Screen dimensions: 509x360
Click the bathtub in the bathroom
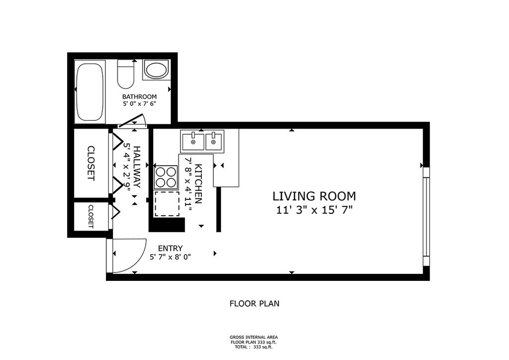click(90, 92)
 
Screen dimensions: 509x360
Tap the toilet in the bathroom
click(126, 74)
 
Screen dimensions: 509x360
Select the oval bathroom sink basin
click(156, 70)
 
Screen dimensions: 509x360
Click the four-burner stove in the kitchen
click(166, 177)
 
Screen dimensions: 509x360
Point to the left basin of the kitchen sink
click(193, 142)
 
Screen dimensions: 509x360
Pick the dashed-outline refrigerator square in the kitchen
click(167, 204)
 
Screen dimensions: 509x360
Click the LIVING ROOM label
click(314, 196)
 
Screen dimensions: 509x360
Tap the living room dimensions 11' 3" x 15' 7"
click(314, 210)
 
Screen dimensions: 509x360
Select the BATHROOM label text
click(139, 97)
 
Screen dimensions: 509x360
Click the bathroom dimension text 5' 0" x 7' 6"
click(139, 104)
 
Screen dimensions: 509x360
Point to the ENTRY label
click(170, 248)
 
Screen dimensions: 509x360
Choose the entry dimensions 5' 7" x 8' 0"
click(170, 257)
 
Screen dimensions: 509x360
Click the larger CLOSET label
click(91, 163)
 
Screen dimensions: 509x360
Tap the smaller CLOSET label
click(91, 216)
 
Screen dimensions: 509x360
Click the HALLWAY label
click(137, 167)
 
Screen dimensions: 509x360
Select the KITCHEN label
click(198, 184)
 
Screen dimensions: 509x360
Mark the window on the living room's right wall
click(426, 217)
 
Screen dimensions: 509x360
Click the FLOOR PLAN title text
click(254, 304)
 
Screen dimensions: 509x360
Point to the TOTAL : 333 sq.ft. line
click(254, 347)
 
